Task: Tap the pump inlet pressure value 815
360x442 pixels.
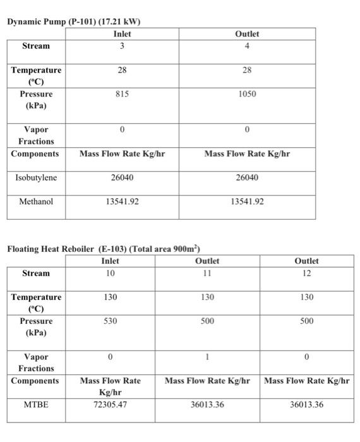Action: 122,93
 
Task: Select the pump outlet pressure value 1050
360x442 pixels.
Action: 247,93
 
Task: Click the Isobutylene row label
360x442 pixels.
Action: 35,177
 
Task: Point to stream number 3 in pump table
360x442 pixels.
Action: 122,46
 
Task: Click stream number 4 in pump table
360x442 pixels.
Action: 247,46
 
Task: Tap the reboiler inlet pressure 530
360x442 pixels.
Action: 110,321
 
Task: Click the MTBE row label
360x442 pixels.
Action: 35,404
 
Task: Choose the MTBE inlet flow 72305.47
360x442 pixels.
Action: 110,404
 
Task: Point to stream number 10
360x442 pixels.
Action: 110,273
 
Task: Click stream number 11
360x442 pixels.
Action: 207,273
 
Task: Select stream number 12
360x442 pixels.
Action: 306,273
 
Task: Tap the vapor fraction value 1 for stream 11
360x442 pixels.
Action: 207,357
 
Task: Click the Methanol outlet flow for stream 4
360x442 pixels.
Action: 247,202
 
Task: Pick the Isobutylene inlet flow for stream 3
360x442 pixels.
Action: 122,177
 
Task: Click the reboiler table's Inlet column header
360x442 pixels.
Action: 110,261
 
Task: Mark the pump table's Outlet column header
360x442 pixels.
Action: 247,34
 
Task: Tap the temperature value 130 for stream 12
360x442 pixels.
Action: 306,297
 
